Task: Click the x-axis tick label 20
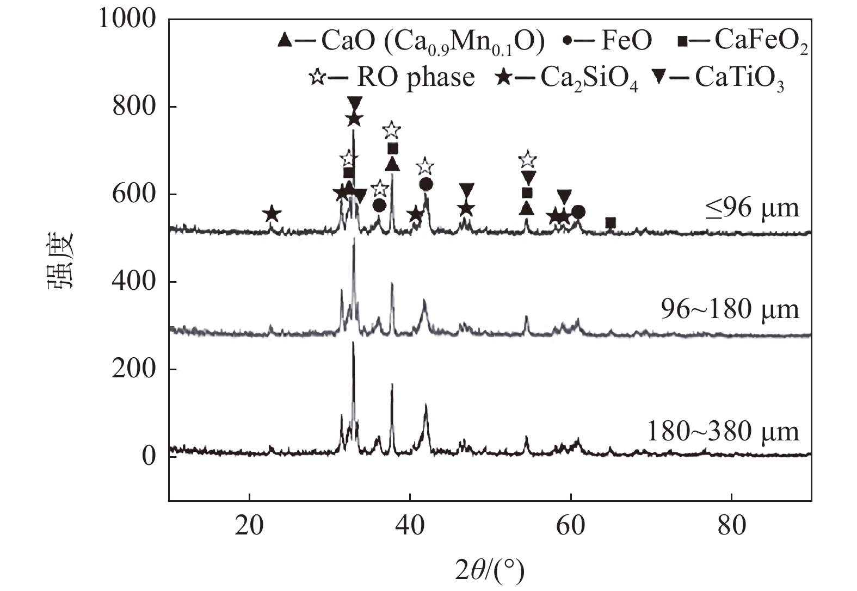249,526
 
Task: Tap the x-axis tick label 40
410,526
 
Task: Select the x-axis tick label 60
571,526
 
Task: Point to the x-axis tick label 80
731,526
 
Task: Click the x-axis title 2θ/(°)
490,571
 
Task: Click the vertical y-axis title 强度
60,261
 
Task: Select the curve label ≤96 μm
753,208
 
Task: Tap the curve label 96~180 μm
730,309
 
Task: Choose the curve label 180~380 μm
723,432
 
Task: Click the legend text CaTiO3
739,79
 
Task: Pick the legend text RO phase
416,77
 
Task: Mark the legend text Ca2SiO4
589,79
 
